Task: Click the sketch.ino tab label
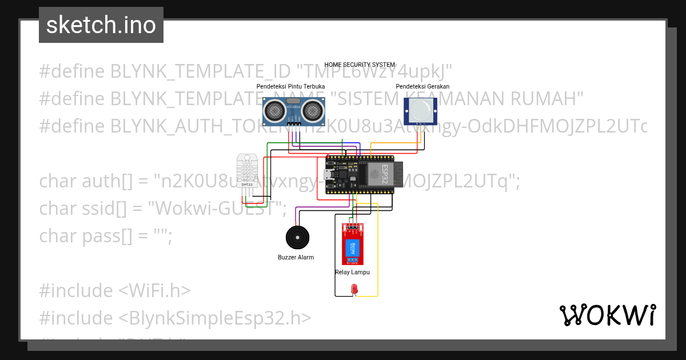(101, 25)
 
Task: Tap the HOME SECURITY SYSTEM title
(360, 65)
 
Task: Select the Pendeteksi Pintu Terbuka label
(290, 86)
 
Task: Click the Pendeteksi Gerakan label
(422, 86)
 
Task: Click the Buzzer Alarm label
(296, 258)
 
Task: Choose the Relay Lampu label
(352, 273)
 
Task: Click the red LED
(354, 290)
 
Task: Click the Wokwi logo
(607, 315)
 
